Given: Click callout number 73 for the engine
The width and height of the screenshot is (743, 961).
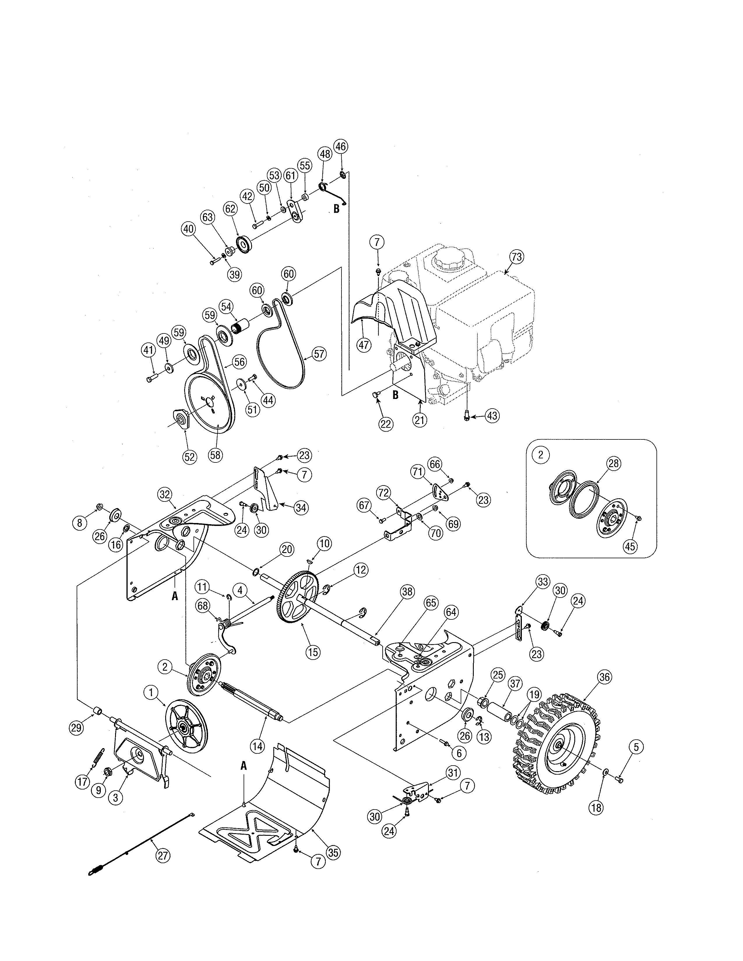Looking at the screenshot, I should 517,257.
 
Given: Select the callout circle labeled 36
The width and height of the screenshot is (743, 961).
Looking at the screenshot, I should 604,677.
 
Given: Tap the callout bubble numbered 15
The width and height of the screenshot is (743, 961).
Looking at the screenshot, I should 313,652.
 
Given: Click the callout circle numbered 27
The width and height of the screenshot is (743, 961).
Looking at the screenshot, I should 163,856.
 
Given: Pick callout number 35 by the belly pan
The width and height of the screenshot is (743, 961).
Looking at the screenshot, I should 333,853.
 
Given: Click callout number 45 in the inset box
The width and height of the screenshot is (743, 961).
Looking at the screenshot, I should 630,547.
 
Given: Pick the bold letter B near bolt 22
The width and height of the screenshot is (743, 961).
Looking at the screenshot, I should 395,395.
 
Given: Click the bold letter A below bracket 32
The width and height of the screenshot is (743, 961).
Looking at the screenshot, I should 175,596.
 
